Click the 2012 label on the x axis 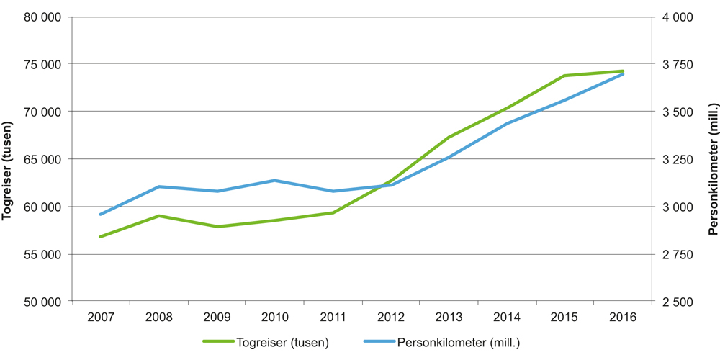click(391, 318)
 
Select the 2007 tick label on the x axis click(101, 318)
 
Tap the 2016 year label click(623, 318)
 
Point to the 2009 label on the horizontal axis click(217, 318)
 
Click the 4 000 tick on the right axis click(677, 17)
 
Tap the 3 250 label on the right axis click(677, 159)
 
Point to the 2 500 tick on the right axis click(677, 302)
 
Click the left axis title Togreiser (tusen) click(9, 158)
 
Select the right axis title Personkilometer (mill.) click(712, 158)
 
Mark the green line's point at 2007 click(101, 236)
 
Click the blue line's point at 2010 click(274, 180)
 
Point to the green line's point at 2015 click(564, 76)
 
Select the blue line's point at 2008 click(158, 186)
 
